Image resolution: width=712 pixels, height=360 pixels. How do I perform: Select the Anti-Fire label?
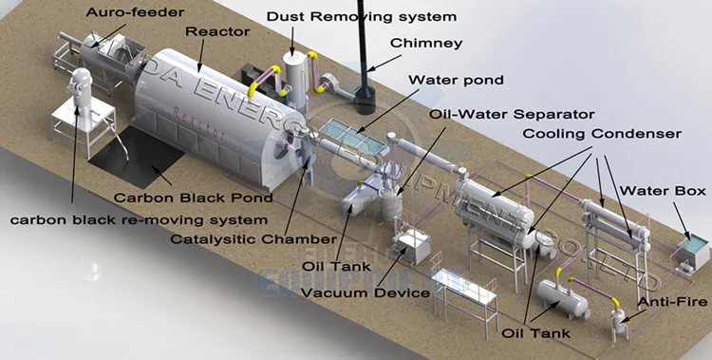671,303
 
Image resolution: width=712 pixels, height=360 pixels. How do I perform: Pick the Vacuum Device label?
365,292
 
